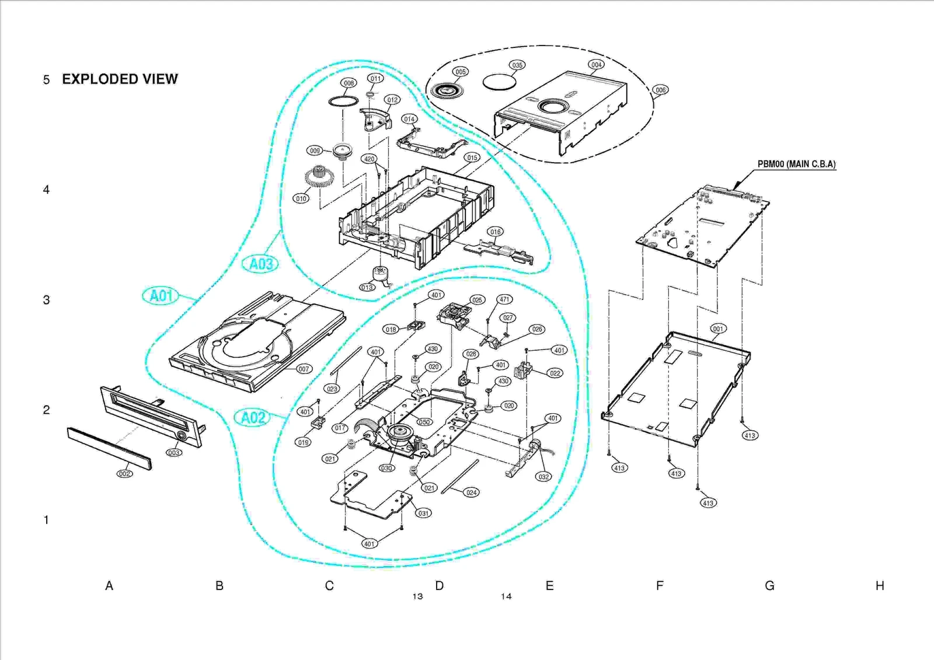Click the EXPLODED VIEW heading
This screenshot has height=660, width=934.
120,79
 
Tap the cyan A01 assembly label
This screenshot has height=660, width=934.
161,296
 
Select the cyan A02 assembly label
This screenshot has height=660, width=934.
253,418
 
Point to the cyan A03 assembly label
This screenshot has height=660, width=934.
260,264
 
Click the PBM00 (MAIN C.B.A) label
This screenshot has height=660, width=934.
796,165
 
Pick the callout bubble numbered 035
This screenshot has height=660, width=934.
517,65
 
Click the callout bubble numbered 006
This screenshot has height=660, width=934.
660,90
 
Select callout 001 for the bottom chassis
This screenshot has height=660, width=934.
717,329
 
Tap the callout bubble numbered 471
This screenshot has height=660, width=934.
504,299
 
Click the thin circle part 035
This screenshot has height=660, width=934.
499,82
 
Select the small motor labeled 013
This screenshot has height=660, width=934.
381,274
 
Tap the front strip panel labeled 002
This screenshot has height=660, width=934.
109,448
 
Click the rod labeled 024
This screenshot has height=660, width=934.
461,477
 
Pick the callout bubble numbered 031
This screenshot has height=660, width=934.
423,514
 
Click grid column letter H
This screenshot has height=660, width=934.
880,586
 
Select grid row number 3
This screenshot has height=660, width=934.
46,300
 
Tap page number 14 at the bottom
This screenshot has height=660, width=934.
506,596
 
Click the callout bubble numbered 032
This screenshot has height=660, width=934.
543,477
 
